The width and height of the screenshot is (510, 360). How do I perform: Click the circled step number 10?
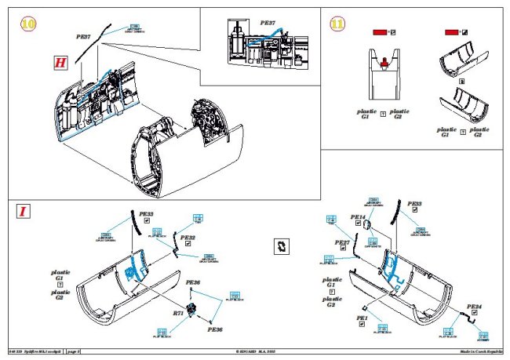(x=28, y=24)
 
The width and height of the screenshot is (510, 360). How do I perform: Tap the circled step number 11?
(x=337, y=24)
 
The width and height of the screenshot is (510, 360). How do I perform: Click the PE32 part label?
(x=188, y=237)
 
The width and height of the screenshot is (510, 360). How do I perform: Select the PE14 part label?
(x=357, y=217)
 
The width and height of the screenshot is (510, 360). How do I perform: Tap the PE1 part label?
(x=362, y=318)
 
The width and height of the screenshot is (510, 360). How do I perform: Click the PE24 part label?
(x=474, y=307)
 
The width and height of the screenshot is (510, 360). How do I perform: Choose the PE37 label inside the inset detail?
(x=267, y=24)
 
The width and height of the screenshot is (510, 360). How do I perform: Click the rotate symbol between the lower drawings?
(x=280, y=245)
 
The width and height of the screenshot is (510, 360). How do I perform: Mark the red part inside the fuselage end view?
(x=384, y=62)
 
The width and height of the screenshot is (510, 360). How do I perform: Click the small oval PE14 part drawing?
(x=366, y=226)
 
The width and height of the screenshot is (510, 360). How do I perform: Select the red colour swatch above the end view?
(x=380, y=32)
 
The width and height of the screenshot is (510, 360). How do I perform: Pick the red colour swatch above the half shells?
(x=451, y=32)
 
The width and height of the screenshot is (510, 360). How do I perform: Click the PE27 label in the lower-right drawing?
(x=342, y=243)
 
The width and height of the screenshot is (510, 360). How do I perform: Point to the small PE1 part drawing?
(x=365, y=307)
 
